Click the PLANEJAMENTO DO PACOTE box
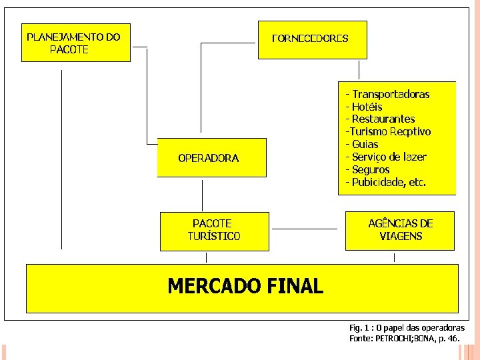click(75, 43)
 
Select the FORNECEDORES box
click(312, 39)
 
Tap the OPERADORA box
click(211, 158)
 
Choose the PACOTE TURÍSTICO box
click(215, 231)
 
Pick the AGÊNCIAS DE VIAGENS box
click(400, 231)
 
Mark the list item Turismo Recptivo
click(388, 132)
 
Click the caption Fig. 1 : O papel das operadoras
click(407, 328)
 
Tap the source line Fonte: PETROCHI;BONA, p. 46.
click(404, 339)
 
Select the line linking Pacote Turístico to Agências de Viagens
click(306, 229)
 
